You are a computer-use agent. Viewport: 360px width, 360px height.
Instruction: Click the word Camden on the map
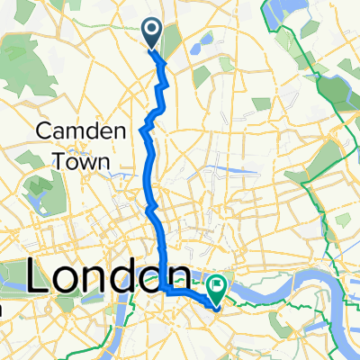click(x=73, y=131)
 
